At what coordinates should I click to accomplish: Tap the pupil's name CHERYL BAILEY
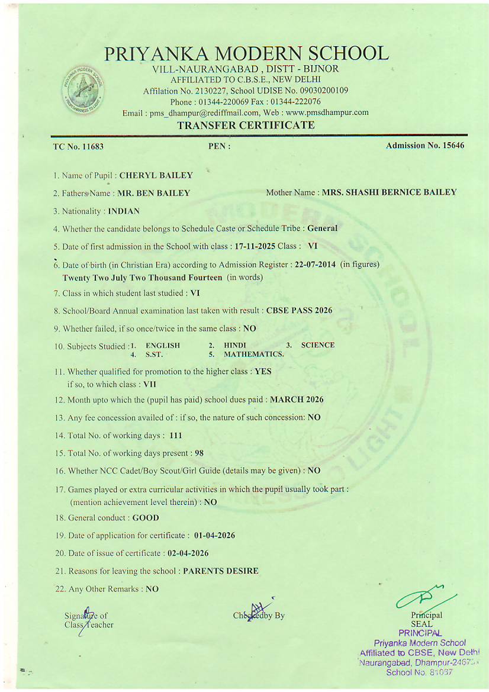156,175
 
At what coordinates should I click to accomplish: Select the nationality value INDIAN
124,211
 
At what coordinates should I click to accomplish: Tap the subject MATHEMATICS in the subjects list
254,355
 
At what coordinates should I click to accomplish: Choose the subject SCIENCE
318,345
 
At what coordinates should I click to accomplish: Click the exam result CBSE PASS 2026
300,310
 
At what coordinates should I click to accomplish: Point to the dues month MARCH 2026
297,400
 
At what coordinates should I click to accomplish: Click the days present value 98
199,453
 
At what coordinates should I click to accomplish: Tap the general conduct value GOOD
146,518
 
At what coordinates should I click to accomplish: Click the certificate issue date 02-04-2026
188,553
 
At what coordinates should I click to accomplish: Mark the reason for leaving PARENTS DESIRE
221,571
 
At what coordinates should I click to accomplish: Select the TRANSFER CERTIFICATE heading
246,125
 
